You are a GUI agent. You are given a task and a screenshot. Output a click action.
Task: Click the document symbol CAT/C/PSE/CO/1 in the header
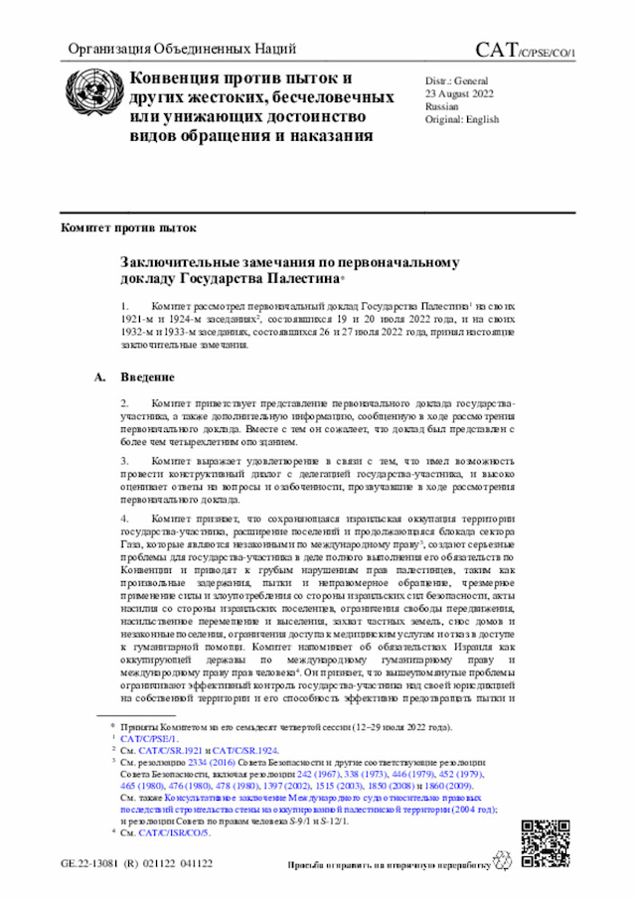pyautogui.click(x=525, y=50)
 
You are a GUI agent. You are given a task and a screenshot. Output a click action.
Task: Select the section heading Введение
pyautogui.click(x=148, y=377)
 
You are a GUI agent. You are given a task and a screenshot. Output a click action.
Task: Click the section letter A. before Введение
pyautogui.click(x=99, y=377)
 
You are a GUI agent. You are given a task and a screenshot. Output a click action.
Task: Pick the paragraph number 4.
pyautogui.click(x=125, y=520)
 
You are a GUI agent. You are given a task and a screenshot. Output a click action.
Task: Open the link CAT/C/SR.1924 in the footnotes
pyautogui.click(x=247, y=751)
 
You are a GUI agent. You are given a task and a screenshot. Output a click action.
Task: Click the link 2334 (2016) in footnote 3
pyautogui.click(x=203, y=763)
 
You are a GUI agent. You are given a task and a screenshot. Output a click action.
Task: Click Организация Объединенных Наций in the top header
pyautogui.click(x=181, y=49)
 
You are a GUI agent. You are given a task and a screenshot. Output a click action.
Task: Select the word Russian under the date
pyautogui.click(x=441, y=104)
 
